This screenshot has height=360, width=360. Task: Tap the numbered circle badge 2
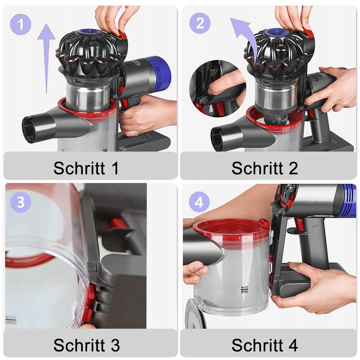[200, 23]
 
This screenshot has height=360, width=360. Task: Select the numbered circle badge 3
[21, 202]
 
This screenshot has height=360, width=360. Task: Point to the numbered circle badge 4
[199, 202]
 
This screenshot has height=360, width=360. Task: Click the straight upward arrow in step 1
[46, 59]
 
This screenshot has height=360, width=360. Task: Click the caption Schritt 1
[86, 168]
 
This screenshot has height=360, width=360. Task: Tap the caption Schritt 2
[265, 168]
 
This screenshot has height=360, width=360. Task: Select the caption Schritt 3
[86, 345]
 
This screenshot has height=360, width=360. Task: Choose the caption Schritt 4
[265, 345]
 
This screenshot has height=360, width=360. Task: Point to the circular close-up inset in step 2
[218, 89]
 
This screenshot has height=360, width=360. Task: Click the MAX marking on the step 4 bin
[244, 287]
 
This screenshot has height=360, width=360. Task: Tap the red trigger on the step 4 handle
[298, 224]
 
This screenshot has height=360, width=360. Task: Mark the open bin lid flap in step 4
[195, 314]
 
